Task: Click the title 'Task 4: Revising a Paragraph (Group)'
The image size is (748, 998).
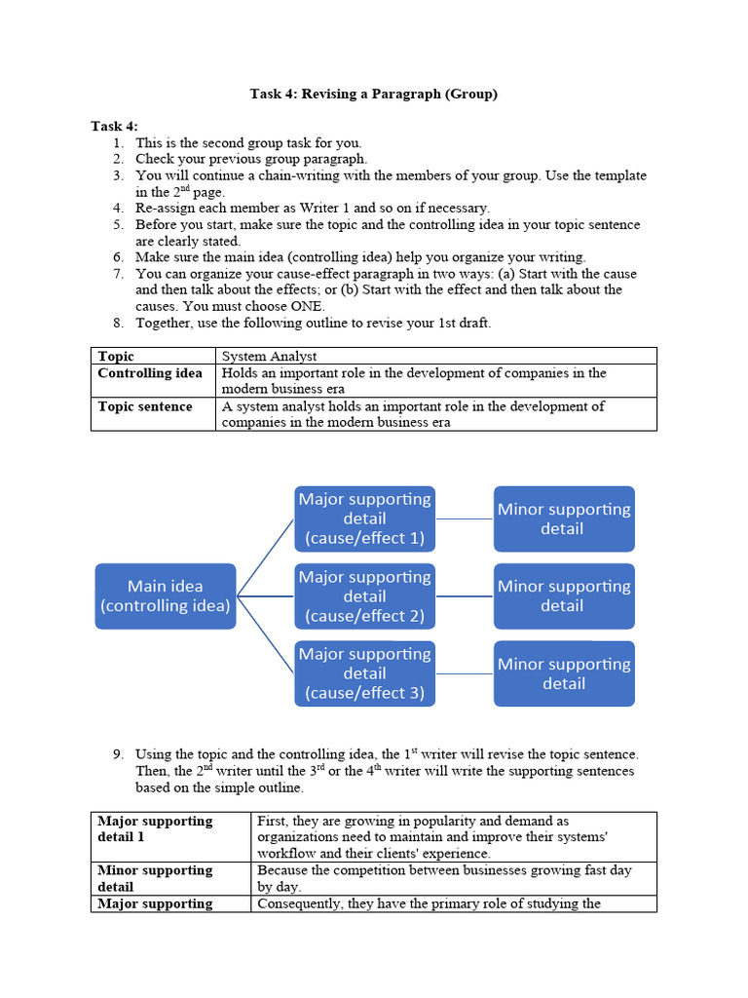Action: [373, 94]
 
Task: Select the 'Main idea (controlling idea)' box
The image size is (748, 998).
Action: [166, 595]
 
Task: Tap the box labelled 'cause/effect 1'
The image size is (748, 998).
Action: [365, 518]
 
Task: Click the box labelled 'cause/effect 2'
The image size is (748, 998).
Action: [365, 595]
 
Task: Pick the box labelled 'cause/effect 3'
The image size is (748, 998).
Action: [365, 673]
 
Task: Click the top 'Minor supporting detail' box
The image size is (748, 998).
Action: [564, 518]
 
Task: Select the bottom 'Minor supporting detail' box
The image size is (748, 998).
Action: [564, 673]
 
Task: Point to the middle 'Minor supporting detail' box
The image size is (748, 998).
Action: [564, 595]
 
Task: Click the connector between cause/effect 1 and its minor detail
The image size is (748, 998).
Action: [465, 518]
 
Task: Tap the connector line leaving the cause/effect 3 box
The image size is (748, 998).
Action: [465, 673]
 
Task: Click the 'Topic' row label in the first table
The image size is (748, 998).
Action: [117, 357]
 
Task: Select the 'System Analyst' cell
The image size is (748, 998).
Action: [270, 357]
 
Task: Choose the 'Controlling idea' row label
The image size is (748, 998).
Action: [150, 373]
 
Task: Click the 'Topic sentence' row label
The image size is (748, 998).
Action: [145, 406]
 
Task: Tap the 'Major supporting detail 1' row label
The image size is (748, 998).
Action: [155, 828]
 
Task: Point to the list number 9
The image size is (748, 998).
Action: [118, 754]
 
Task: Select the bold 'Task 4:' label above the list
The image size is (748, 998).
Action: [114, 126]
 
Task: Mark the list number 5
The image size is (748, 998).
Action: [118, 224]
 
